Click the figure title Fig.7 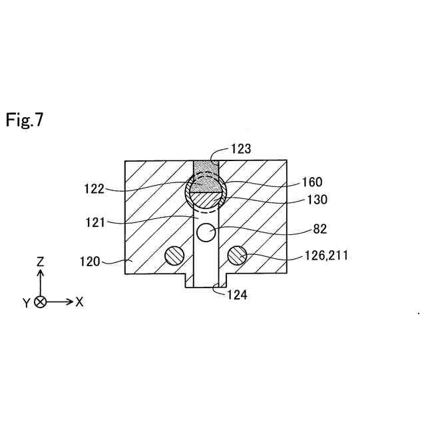point(25,120)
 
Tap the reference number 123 point(241,148)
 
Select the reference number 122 point(95,189)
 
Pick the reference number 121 point(95,223)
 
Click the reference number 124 point(237,294)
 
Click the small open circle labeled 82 point(206,233)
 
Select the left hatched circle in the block point(174,255)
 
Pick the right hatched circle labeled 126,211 point(237,255)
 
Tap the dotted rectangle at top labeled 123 point(206,167)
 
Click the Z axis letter point(40,262)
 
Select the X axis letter point(79,302)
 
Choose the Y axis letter point(26,303)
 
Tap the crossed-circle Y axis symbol point(40,302)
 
